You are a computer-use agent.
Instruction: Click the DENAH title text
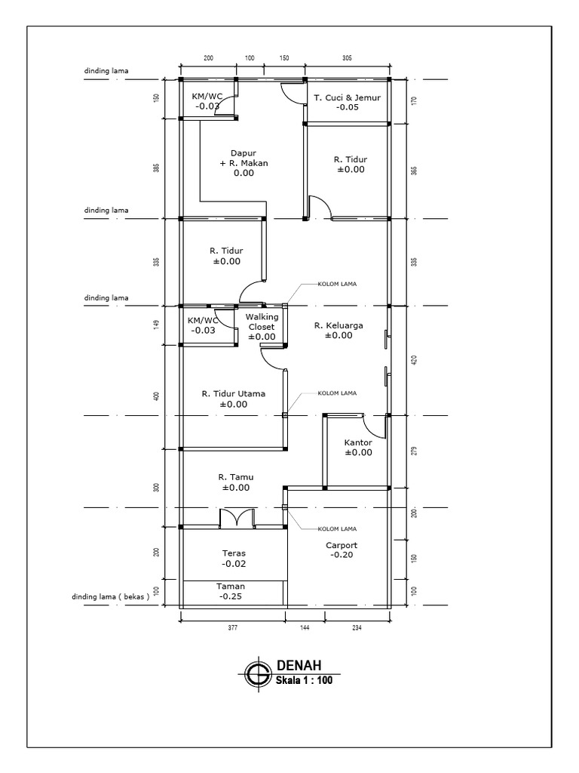click(x=299, y=665)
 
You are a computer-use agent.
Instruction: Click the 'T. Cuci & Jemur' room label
click(x=347, y=97)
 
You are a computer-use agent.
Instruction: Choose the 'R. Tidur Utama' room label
click(x=234, y=393)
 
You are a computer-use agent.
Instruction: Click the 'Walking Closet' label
click(x=261, y=322)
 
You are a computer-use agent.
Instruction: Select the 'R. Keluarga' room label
click(x=339, y=325)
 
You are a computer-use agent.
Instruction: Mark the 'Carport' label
click(x=342, y=545)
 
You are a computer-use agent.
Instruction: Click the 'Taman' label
click(x=231, y=586)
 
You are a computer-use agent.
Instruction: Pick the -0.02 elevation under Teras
click(x=234, y=564)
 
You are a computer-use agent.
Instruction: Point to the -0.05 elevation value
click(x=347, y=107)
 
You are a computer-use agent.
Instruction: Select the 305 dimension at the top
click(x=347, y=57)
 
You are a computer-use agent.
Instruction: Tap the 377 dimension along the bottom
click(x=232, y=627)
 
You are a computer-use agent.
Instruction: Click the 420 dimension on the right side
click(x=414, y=360)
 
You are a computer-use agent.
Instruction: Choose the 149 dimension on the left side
click(x=156, y=325)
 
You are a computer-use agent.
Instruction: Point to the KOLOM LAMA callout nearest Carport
click(x=336, y=528)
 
